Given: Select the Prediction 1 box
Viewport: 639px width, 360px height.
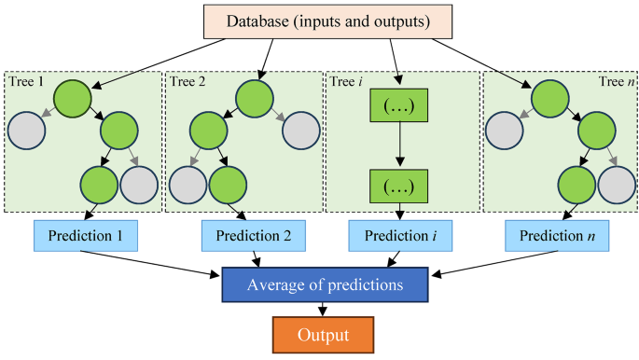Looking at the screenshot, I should point(85,236).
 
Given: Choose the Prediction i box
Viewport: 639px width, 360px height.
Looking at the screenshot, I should point(399,236).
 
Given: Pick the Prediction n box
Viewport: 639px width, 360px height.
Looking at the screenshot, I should point(558,236).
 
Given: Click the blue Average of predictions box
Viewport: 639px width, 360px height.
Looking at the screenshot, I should point(324,284).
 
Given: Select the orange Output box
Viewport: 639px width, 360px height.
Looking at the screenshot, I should point(323,334).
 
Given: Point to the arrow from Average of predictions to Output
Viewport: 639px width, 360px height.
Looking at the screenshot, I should point(323,311).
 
